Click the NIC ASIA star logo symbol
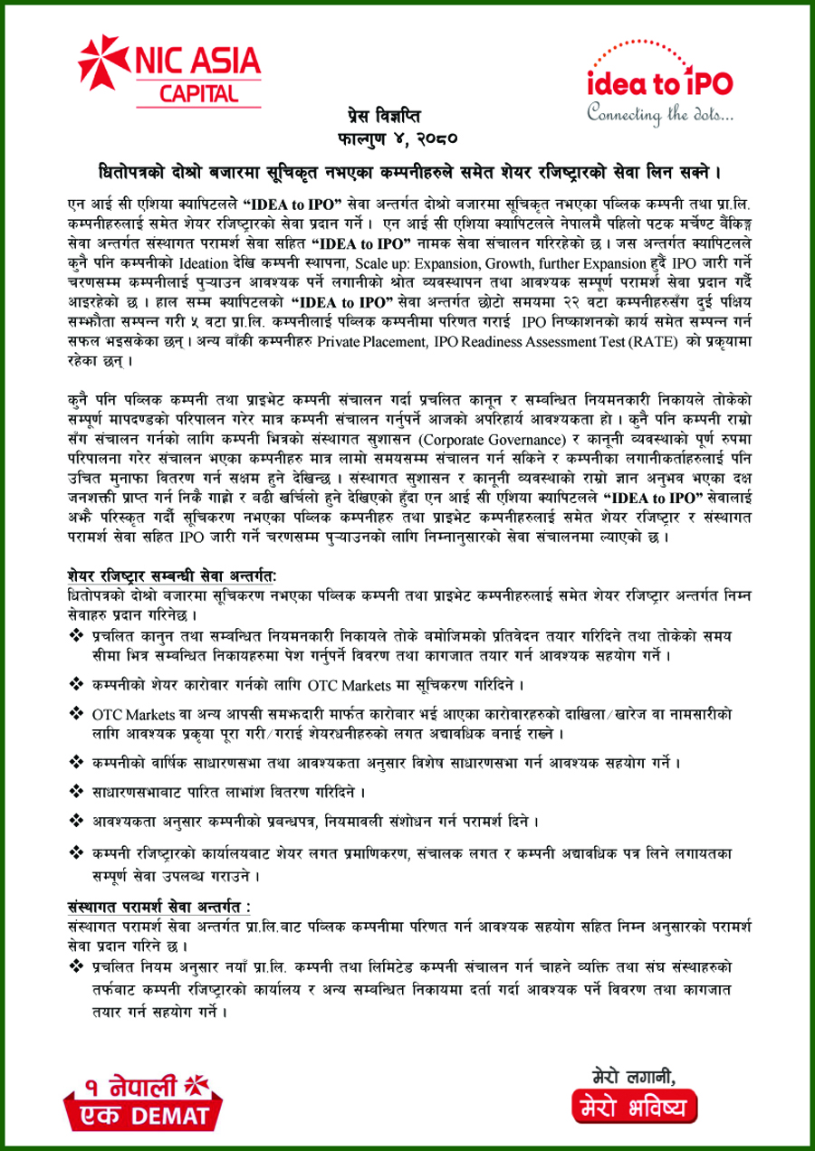(x=98, y=59)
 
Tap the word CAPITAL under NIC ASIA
(x=200, y=92)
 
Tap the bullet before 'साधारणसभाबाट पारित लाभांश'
(x=75, y=792)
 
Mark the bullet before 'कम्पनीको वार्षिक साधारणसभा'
(x=75, y=763)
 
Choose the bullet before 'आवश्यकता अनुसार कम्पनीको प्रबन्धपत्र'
(x=75, y=821)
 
